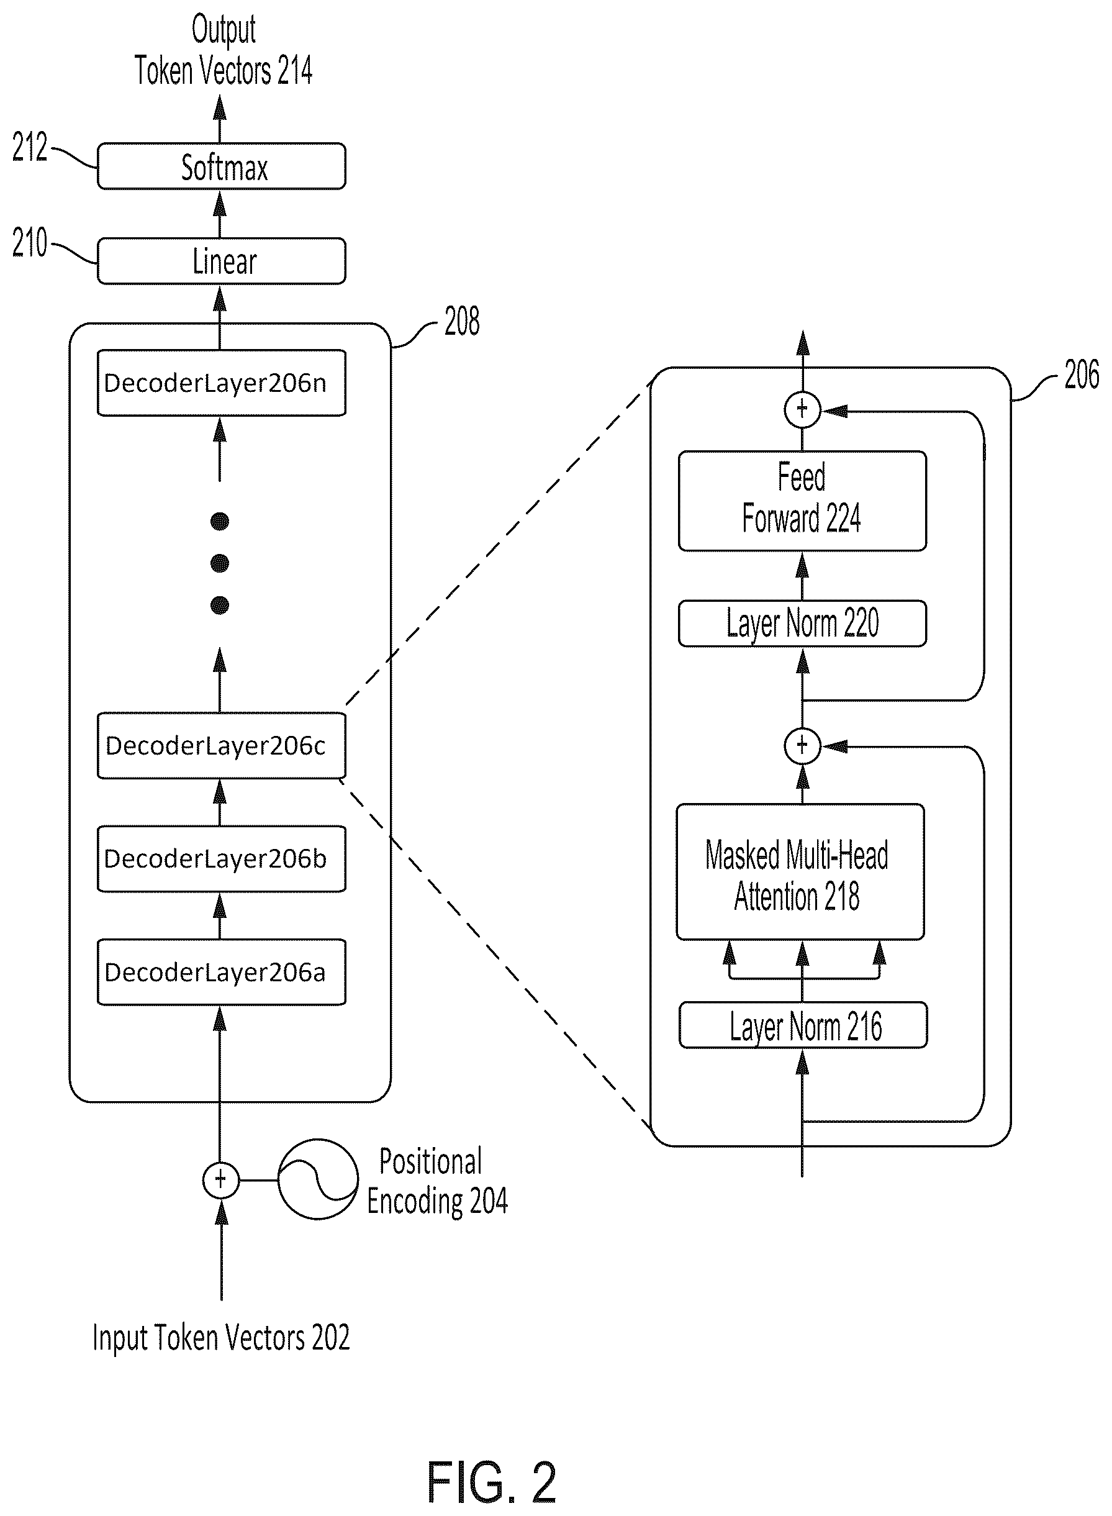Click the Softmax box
[222, 166]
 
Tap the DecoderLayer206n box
[222, 383]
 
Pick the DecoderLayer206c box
[222, 745]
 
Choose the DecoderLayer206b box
[222, 858]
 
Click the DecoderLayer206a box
[222, 972]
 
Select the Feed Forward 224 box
[802, 501]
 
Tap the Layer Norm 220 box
[802, 624]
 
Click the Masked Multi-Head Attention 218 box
[800, 872]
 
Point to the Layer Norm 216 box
[803, 1025]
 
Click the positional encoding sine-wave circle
[318, 1179]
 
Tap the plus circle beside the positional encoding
[221, 1179]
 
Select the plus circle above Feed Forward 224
[802, 409]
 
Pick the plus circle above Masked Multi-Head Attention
[802, 745]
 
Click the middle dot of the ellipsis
[219, 563]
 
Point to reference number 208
[462, 321]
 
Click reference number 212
[30, 147]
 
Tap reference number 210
[30, 242]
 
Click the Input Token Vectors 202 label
[221, 1337]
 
